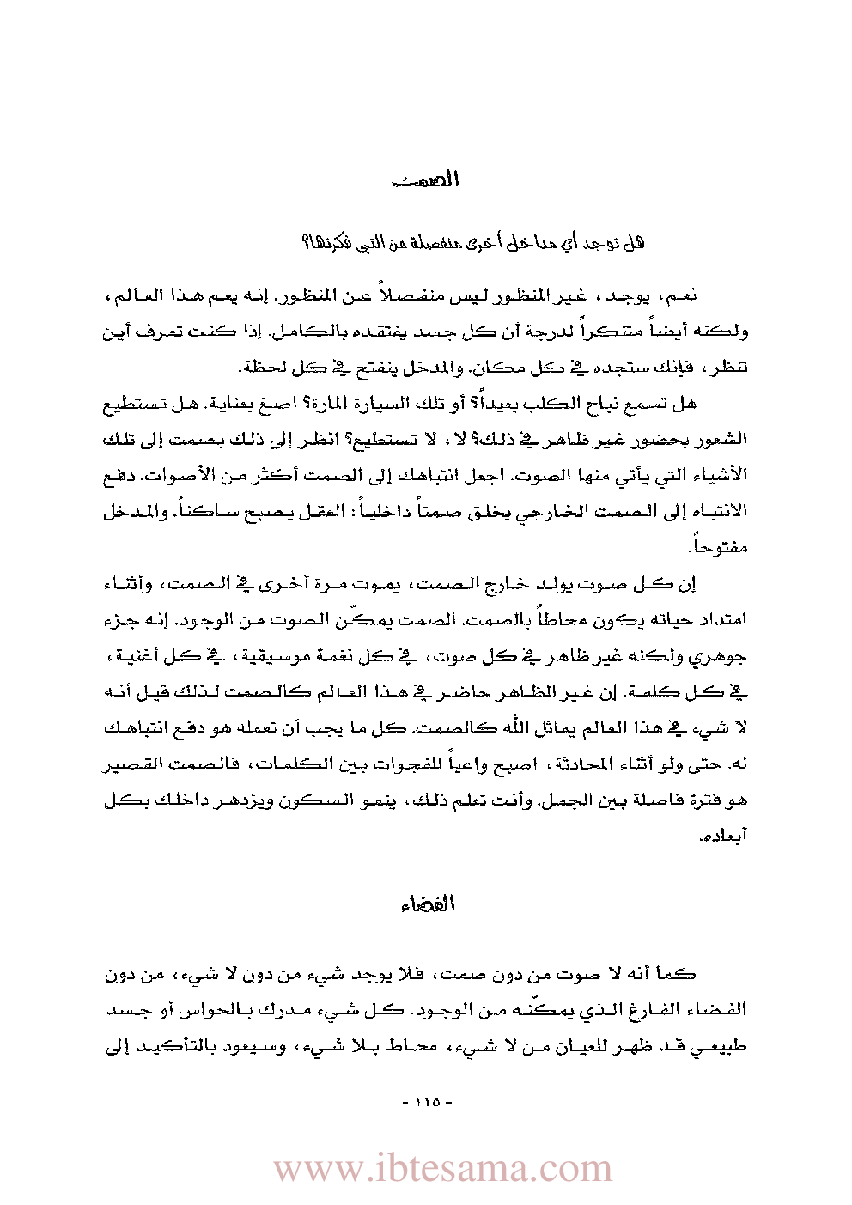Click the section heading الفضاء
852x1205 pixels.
[427, 904]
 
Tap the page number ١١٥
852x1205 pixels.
[427, 1102]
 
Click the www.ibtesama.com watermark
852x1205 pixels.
[443, 1169]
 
